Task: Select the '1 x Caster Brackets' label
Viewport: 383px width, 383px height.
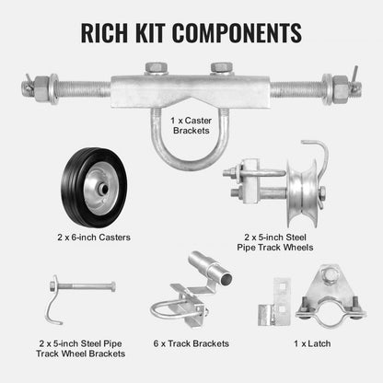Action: (x=191, y=124)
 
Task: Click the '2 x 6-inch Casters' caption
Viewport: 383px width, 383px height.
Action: (x=95, y=236)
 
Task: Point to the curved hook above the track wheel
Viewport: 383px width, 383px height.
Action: (x=318, y=151)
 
